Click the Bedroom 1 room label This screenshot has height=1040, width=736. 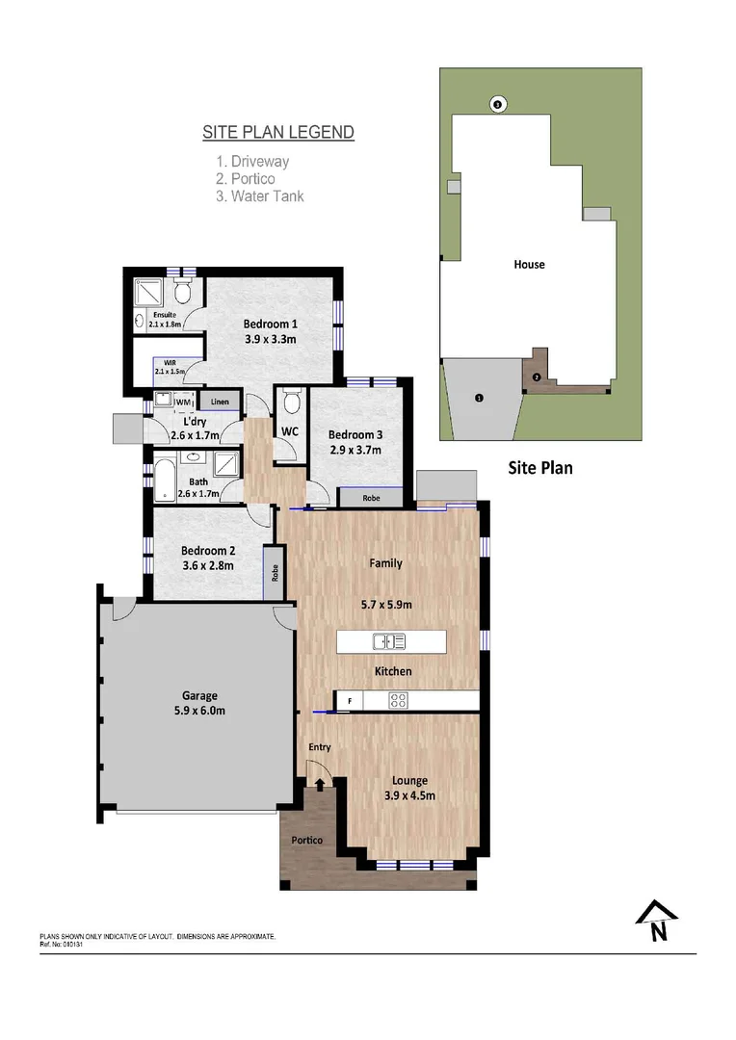(270, 324)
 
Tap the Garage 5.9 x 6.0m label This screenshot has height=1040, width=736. (200, 695)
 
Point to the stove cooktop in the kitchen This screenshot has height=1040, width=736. (398, 701)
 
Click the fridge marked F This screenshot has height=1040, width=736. (349, 701)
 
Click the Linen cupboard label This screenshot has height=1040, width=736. (220, 401)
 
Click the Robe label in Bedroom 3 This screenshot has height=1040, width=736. (370, 499)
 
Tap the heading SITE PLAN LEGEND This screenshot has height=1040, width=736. (278, 133)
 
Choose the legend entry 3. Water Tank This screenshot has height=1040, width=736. (260, 196)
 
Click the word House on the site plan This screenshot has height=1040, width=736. (529, 264)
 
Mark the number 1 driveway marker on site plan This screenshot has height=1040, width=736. (479, 397)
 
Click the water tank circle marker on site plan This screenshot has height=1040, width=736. (498, 104)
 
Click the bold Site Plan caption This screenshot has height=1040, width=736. (540, 469)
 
